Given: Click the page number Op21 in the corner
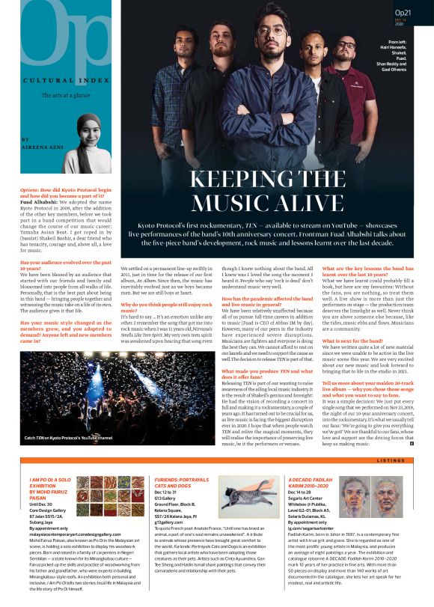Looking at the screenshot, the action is [x=404, y=13].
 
